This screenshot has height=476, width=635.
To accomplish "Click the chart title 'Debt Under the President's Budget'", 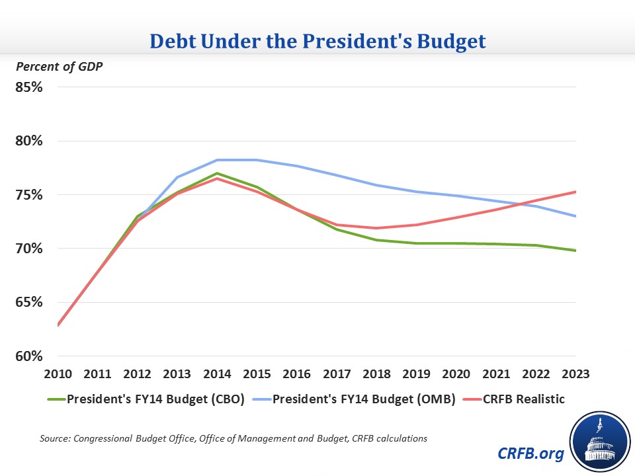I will [x=317, y=42].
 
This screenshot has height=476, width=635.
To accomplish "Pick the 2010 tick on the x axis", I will [x=58, y=374].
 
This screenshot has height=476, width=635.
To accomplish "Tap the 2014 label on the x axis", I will [x=217, y=374].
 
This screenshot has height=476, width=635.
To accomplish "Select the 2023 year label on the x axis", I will [x=576, y=374].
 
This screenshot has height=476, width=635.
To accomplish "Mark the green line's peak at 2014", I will [x=217, y=173].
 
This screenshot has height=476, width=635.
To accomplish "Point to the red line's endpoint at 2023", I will [x=576, y=192].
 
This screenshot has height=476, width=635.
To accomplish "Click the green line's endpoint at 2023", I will [x=576, y=251].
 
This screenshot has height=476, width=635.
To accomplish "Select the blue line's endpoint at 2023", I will [x=576, y=216].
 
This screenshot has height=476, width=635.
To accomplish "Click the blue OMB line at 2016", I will [x=297, y=166].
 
